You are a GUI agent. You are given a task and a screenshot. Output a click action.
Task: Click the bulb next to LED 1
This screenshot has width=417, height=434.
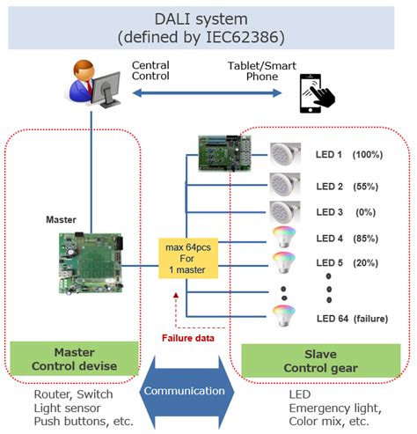tap(286, 156)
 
